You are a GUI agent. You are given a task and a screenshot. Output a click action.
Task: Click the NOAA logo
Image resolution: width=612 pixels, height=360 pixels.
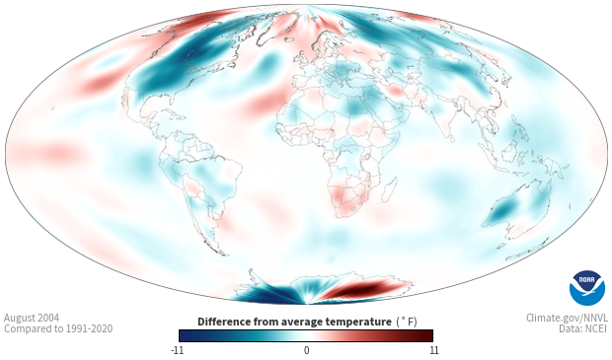pyautogui.click(x=587, y=288)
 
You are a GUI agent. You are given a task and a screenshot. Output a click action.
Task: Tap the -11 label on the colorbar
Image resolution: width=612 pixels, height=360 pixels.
pyautogui.click(x=177, y=350)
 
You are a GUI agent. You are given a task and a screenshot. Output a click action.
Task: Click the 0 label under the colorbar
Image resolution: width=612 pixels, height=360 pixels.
pyautogui.click(x=306, y=350)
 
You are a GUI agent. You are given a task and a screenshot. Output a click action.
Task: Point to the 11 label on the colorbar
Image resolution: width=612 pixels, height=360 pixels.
pyautogui.click(x=434, y=350)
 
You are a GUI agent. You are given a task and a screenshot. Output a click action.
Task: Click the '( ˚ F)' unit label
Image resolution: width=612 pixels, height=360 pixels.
pyautogui.click(x=407, y=323)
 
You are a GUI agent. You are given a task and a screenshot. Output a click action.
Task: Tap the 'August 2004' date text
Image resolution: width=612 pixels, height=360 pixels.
pyautogui.click(x=32, y=318)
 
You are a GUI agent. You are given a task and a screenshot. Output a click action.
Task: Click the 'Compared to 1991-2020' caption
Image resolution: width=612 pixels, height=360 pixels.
pyautogui.click(x=58, y=328)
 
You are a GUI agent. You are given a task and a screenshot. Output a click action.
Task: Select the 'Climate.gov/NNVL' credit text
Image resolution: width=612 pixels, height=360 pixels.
pyautogui.click(x=567, y=318)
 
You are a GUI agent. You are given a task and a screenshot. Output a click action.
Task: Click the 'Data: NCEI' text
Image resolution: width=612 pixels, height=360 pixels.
pyautogui.click(x=583, y=328)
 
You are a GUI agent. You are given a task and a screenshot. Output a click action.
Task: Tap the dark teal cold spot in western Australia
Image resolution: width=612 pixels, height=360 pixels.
pyautogui.click(x=503, y=211)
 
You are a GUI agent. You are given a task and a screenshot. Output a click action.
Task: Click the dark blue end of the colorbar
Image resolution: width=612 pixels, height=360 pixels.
pyautogui.click(x=186, y=335)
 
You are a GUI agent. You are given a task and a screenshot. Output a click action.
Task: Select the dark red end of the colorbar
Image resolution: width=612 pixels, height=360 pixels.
pyautogui.click(x=426, y=335)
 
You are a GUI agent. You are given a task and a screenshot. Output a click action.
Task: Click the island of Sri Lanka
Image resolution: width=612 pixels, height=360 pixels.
pyautogui.click(x=451, y=138)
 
